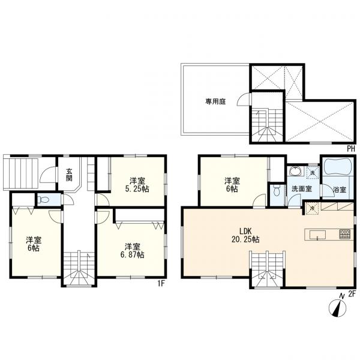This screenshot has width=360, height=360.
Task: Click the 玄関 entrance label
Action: coord(69,175)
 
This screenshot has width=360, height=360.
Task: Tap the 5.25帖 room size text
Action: coord(137,189)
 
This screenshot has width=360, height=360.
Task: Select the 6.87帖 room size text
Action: coord(133,254)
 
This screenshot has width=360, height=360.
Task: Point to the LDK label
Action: coord(245,231)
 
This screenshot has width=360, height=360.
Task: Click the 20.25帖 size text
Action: coord(245,239)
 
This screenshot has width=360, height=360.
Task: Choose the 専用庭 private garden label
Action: coord(215,101)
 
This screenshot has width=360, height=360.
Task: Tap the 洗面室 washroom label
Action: coord(301,189)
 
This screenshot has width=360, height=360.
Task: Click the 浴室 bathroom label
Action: coord(340,190)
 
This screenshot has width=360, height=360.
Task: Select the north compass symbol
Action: coord(337,307)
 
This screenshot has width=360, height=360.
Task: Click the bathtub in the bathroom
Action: coord(337,167)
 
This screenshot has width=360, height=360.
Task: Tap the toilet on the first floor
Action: coord(44,200)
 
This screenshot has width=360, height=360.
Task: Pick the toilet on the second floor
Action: coord(277,191)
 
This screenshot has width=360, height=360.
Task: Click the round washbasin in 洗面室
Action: coord(294,171)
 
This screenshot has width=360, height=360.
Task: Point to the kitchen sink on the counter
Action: coord(317,235)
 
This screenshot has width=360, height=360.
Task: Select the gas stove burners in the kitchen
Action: coord(345,234)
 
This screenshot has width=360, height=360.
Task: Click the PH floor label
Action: coord(351,149)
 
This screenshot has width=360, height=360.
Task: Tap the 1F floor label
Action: coord(161,284)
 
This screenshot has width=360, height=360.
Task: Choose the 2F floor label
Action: coord(352,294)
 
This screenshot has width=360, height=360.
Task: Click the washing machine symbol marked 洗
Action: coord(313,173)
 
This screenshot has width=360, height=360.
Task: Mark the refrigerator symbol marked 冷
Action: coord(312,209)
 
